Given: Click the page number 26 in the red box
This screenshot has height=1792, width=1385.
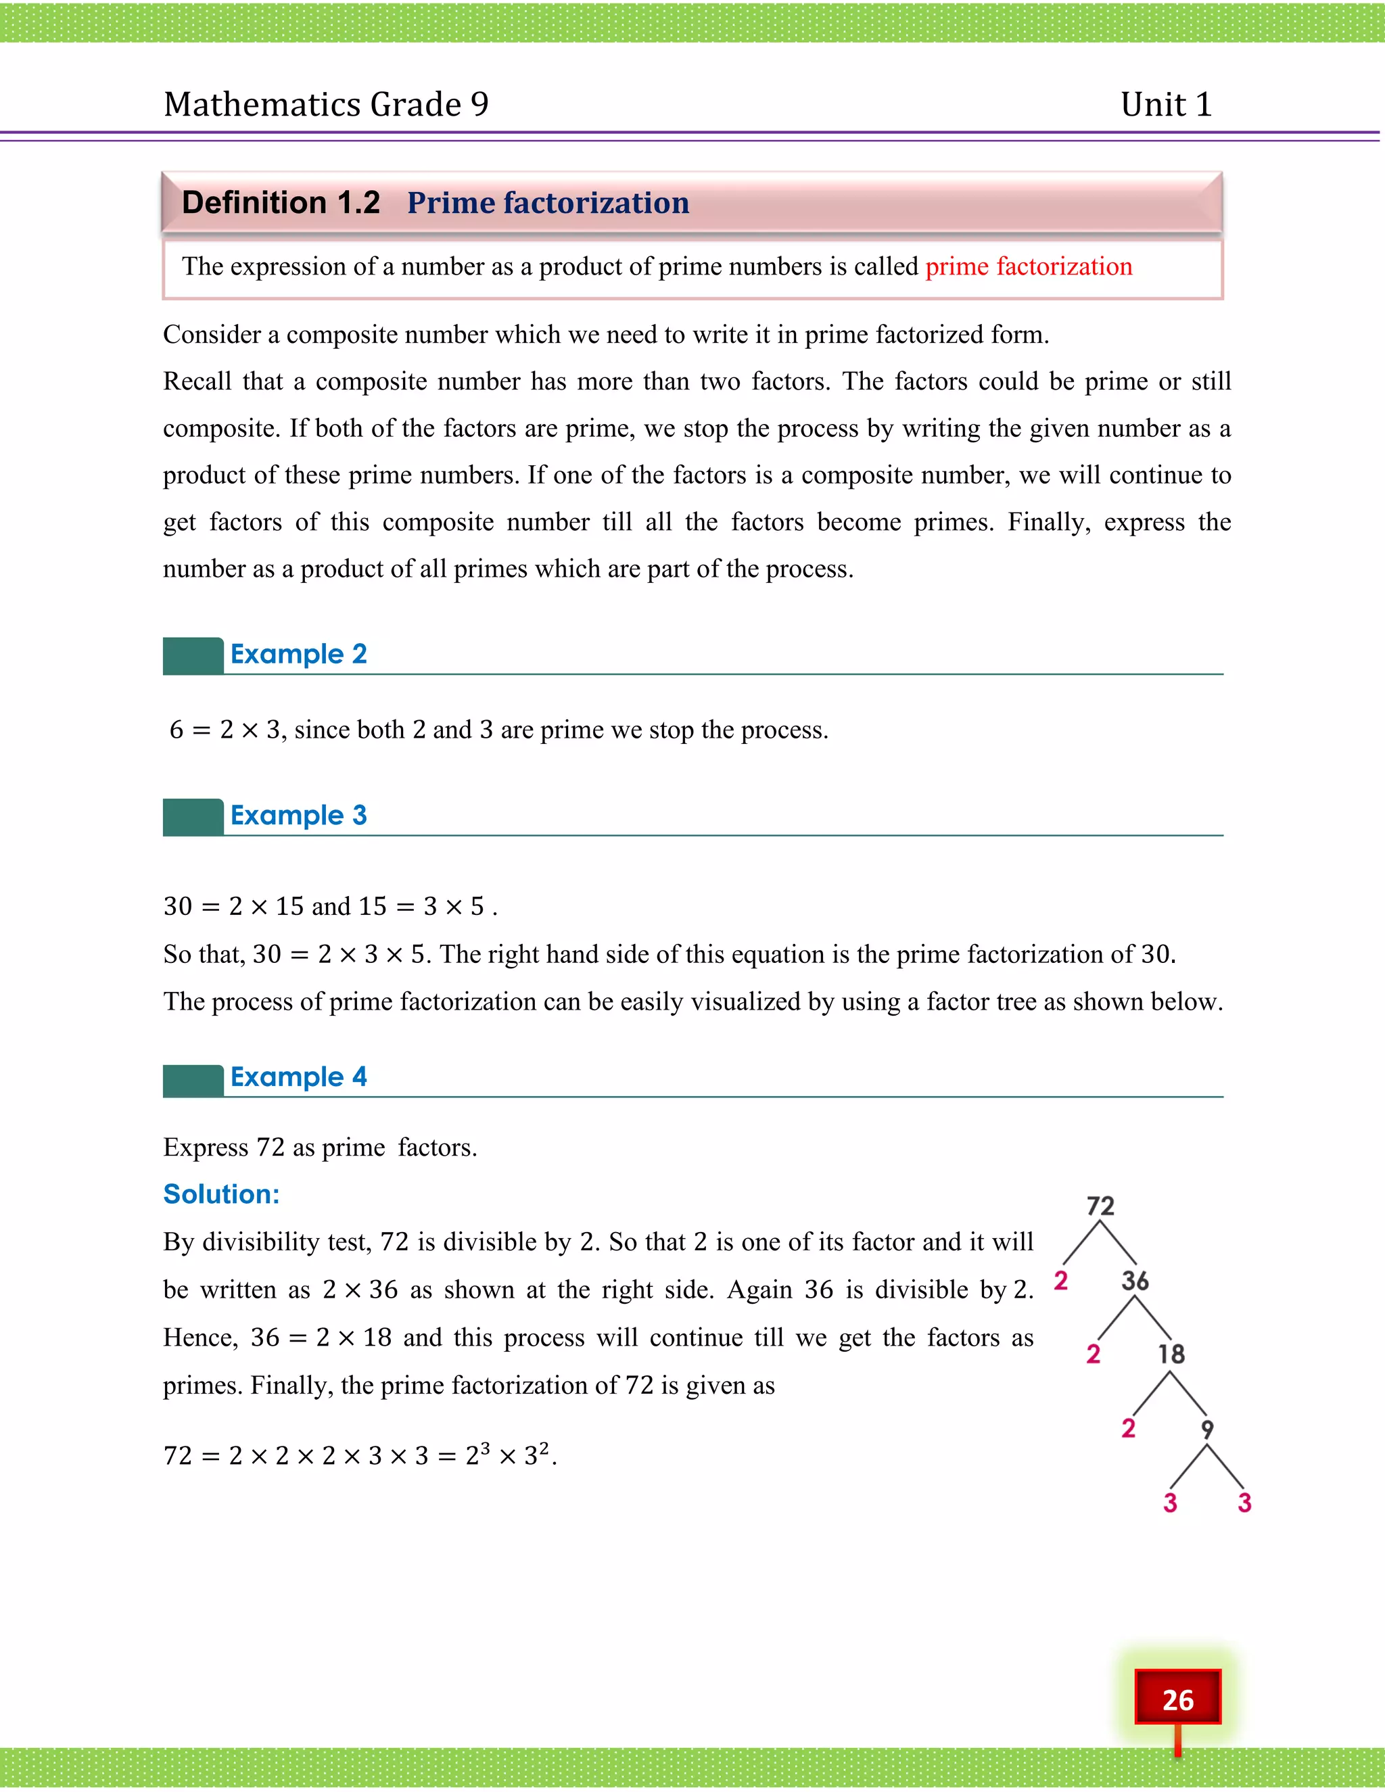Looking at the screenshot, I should (x=1177, y=1699).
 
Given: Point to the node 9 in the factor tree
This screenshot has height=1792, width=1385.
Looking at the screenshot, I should (x=1207, y=1428).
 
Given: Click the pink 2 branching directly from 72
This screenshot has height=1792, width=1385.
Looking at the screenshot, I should (x=1061, y=1280).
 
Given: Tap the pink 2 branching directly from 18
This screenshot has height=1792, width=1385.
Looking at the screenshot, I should (x=1128, y=1428).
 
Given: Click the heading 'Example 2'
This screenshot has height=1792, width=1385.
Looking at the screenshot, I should (x=299, y=654).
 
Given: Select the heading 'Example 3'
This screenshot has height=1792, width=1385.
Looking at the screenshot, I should (x=299, y=815).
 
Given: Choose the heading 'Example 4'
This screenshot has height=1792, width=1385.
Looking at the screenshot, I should (x=299, y=1077).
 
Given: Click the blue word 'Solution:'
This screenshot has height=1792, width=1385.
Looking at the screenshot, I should (x=222, y=1194).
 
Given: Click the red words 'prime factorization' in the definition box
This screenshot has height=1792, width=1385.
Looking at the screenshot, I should (x=1028, y=266).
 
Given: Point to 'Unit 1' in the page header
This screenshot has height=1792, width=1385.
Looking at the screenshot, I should (x=1166, y=104).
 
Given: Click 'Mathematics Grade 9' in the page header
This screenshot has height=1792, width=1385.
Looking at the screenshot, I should (x=326, y=104).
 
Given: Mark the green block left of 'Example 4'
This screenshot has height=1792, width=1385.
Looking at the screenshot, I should (x=193, y=1081).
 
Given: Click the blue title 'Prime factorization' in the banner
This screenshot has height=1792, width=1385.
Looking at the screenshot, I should (x=548, y=203).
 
